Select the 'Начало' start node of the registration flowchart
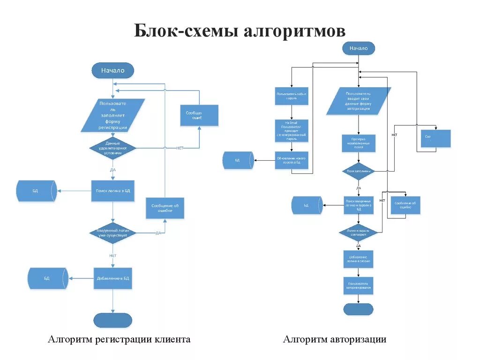(x=113, y=70)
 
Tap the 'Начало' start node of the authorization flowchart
(x=359, y=48)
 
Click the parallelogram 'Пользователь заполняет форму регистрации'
(x=113, y=115)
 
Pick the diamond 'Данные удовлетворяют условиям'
(x=113, y=148)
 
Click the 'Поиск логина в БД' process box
(x=113, y=191)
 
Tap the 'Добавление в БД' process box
(x=113, y=278)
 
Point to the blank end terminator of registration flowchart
(x=113, y=320)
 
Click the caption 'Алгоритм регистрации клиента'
(x=119, y=339)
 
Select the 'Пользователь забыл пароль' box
(x=292, y=97)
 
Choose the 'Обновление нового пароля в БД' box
(x=292, y=160)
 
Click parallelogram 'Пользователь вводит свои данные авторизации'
(x=359, y=101)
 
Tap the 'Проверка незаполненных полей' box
(x=359, y=143)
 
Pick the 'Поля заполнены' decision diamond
(x=359, y=172)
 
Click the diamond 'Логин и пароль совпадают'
(x=359, y=232)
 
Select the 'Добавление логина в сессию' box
(x=359, y=259)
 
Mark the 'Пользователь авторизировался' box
(x=359, y=286)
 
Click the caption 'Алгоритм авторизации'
(x=335, y=339)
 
